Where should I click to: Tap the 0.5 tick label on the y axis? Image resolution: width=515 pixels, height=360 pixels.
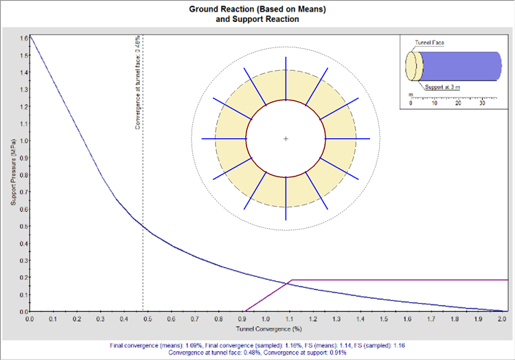coord(22,225)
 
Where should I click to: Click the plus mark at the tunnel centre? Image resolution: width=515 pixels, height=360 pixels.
coord(285,139)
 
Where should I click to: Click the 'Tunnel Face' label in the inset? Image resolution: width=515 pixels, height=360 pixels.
coord(430,43)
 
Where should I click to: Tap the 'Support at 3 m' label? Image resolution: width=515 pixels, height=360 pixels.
coord(443,87)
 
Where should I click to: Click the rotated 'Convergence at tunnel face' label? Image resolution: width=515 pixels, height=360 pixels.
coord(138,82)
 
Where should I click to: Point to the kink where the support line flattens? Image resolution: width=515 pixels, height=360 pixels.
coord(292,280)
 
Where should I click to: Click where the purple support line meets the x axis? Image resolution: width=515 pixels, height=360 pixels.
coord(244,311)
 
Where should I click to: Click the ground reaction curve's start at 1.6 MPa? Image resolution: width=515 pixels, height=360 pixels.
coord(30,37)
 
